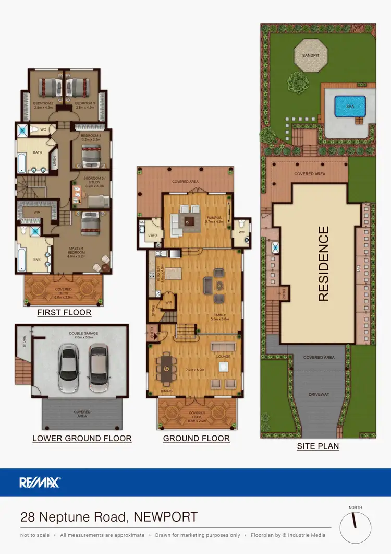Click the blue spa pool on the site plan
coord(346,107)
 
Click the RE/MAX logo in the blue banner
coord(40,482)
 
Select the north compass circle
coord(356,527)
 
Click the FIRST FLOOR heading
coord(64,313)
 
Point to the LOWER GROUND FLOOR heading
coord(82,438)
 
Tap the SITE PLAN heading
coord(317,446)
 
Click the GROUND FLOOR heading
coord(196,438)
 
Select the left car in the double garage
coord(68,369)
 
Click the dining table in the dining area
coord(166,369)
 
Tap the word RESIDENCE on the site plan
coord(323,264)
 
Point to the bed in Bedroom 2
coord(48,86)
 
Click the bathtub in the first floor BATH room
coord(21,162)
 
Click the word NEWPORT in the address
coord(166,517)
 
